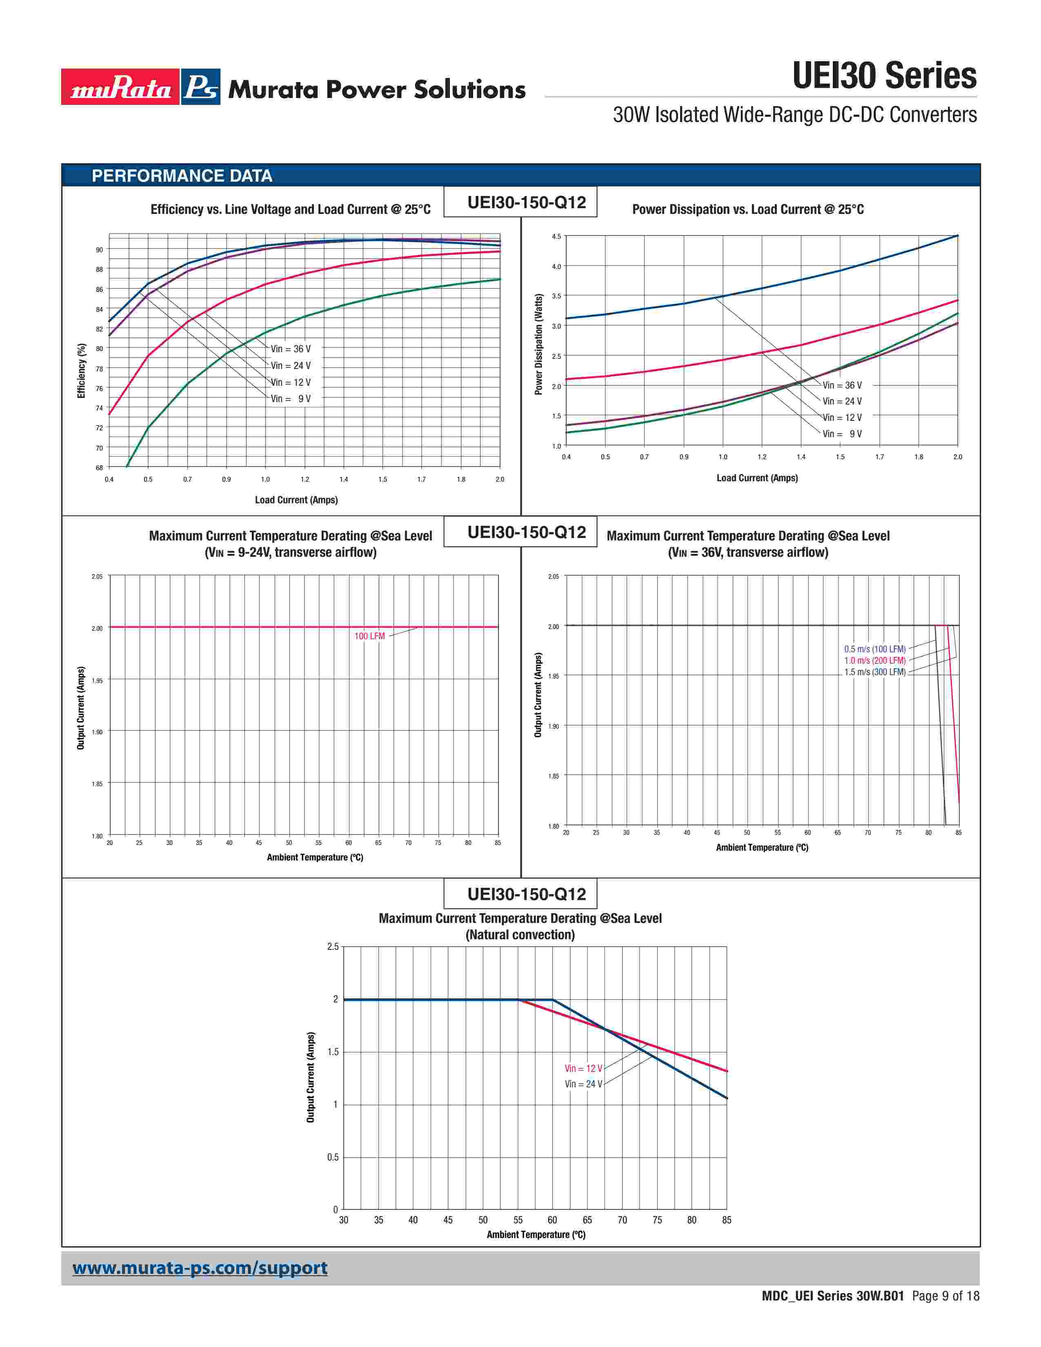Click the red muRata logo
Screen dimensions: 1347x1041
click(120, 87)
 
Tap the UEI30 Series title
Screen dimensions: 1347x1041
click(884, 76)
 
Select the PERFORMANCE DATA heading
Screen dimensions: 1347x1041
click(182, 176)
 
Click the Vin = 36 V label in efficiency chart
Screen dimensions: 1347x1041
click(291, 349)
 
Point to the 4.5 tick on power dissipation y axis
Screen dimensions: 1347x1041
click(556, 237)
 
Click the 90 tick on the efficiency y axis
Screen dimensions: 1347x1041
click(99, 250)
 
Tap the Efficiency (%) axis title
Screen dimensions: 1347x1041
click(81, 371)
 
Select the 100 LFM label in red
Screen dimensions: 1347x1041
click(369, 636)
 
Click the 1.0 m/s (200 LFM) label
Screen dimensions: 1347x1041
click(874, 660)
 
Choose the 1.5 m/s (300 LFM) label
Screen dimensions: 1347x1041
click(874, 672)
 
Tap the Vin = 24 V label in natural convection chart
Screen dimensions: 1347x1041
click(583, 1084)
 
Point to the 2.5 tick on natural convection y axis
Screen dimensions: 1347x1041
click(333, 947)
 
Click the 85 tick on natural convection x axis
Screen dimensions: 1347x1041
click(727, 1220)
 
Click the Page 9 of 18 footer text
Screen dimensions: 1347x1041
click(945, 1296)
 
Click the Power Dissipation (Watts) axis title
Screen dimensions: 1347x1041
click(538, 344)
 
